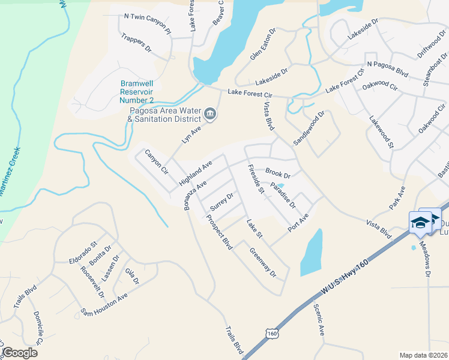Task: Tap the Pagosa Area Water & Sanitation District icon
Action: tap(210, 113)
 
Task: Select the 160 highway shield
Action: tap(273, 333)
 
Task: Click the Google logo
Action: tap(20, 353)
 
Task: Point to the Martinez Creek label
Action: tap(9, 171)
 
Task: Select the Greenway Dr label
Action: tap(262, 263)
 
